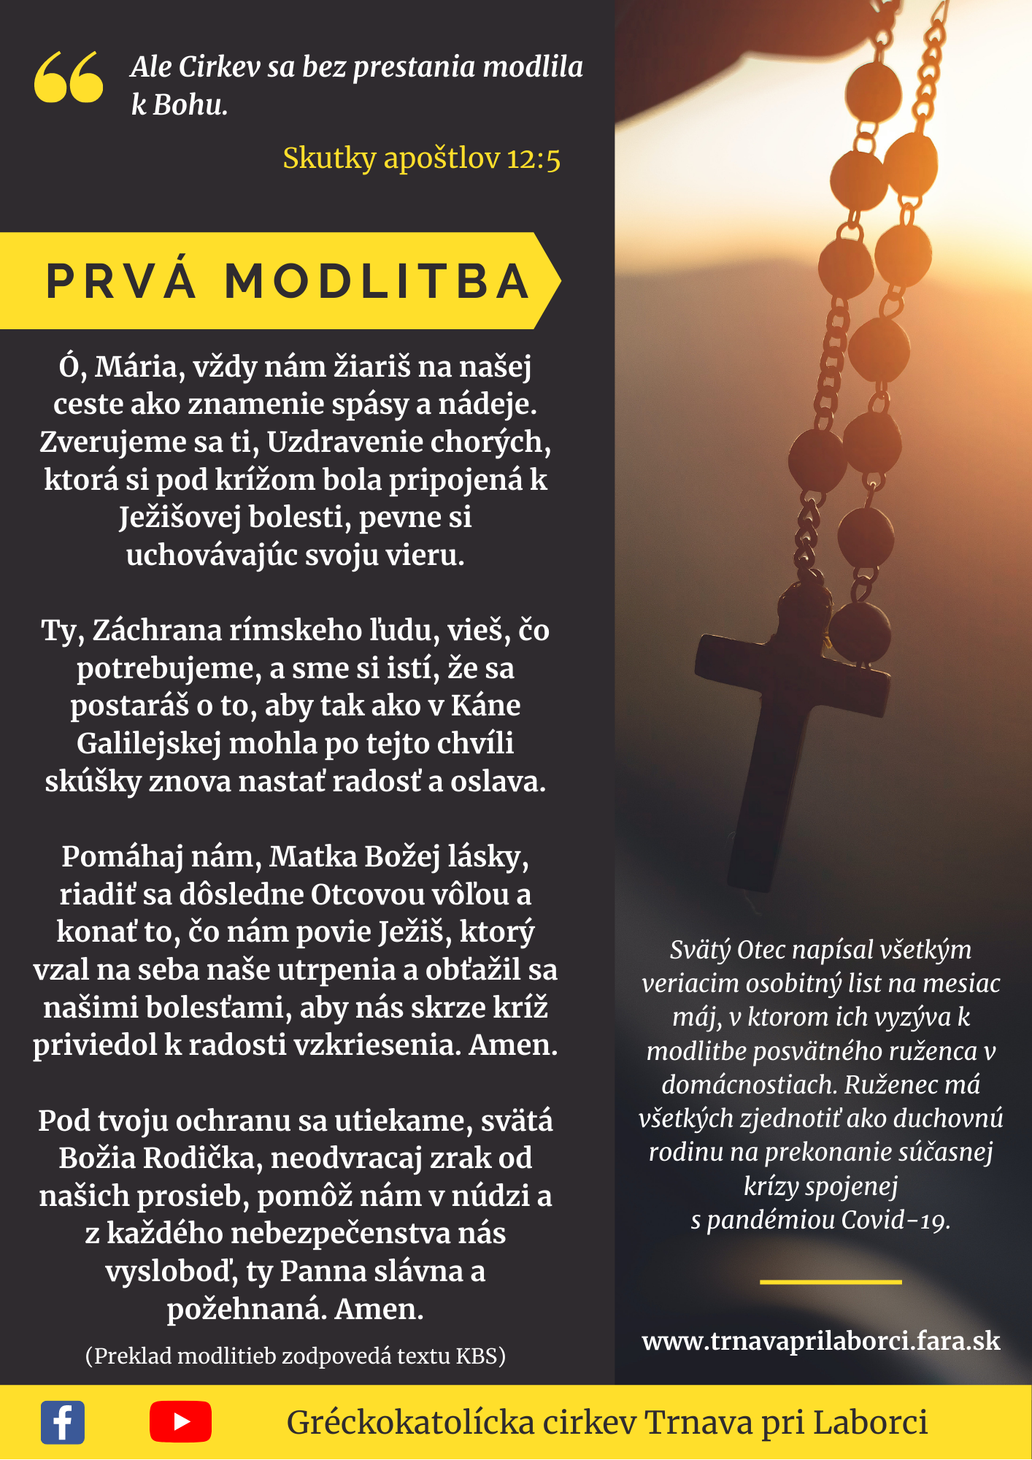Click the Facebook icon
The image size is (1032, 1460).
coord(63,1422)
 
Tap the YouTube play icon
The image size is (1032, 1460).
coord(180,1422)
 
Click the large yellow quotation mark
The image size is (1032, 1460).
coord(69,77)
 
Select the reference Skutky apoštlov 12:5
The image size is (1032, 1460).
coord(421,158)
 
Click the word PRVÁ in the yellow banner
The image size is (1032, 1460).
coord(121,282)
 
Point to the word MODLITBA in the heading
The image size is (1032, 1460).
coord(377,282)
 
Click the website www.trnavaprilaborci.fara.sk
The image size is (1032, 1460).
coord(821,1341)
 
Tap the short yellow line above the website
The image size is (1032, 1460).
coord(831,1282)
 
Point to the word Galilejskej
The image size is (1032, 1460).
coord(149,744)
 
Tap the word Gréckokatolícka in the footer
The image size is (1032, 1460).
coord(411,1422)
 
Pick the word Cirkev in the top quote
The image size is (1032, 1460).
coord(219,67)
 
